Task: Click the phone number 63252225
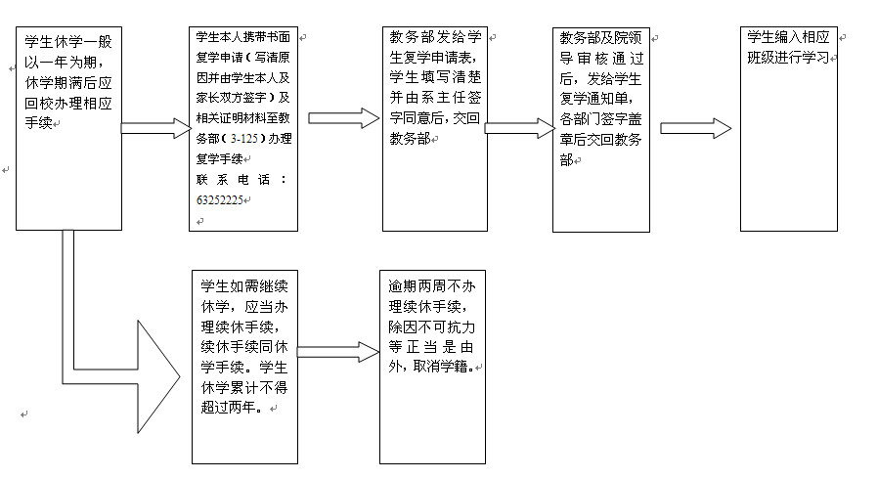coord(219,199)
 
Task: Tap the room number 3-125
coord(244,138)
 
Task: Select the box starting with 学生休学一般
coord(68,128)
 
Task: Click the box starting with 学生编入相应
coord(788,129)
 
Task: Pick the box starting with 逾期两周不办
coord(432,368)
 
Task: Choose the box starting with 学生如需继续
coord(244,368)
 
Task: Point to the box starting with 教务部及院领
coord(601,129)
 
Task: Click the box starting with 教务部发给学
coord(434,129)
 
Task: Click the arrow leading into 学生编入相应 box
coord(696,129)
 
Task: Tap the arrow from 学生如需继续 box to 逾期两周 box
coord(338,352)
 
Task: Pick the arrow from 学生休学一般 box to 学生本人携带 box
coord(156,128)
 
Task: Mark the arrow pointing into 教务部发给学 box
coord(344,118)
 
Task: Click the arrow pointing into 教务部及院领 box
coord(519,128)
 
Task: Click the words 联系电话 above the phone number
coord(241,180)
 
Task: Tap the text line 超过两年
coord(232,408)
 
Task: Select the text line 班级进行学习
coord(788,58)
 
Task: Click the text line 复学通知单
coord(595,99)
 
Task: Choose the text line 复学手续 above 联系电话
coord(219,159)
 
